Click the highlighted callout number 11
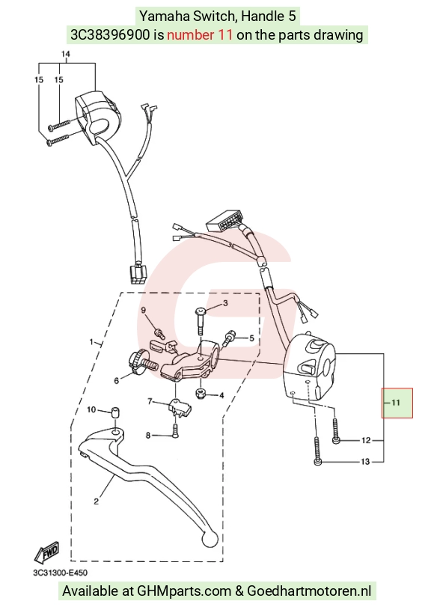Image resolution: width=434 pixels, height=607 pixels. coord(395,403)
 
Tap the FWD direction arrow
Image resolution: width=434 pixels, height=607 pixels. coord(46,552)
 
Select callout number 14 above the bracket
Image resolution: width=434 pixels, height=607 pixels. coord(65,54)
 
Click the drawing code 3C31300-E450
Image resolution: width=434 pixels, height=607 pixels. coord(60,573)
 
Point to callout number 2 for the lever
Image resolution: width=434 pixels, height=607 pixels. coord(96,501)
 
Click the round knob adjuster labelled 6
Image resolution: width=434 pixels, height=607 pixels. coord(136,362)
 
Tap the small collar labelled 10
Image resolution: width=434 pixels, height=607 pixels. coord(114,412)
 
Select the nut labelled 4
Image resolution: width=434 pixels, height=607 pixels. coord(201,394)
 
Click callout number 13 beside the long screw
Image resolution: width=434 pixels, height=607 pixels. coord(365,462)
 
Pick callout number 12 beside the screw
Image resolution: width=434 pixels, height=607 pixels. coord(366,440)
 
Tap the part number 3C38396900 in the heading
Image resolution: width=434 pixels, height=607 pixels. coord(109,35)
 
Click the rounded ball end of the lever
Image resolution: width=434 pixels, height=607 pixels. coord(210,539)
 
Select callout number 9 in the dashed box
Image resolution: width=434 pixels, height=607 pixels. coord(143,310)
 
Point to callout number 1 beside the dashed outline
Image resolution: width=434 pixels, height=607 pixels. coord(91,342)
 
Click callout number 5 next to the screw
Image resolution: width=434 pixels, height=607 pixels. coord(251,338)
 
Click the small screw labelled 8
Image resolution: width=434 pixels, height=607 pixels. coord(175,430)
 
